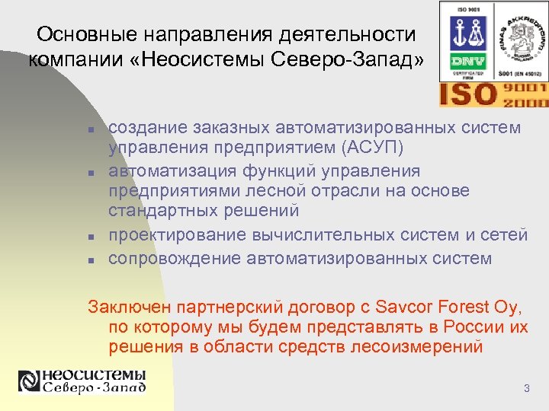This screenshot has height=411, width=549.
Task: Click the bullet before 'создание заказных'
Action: click(90, 129)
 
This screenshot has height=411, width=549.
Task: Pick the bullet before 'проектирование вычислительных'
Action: click(90, 237)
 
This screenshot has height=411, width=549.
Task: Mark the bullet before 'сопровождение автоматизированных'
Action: click(90, 260)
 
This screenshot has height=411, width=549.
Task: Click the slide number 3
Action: click(526, 390)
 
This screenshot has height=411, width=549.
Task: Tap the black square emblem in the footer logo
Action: click(29, 381)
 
